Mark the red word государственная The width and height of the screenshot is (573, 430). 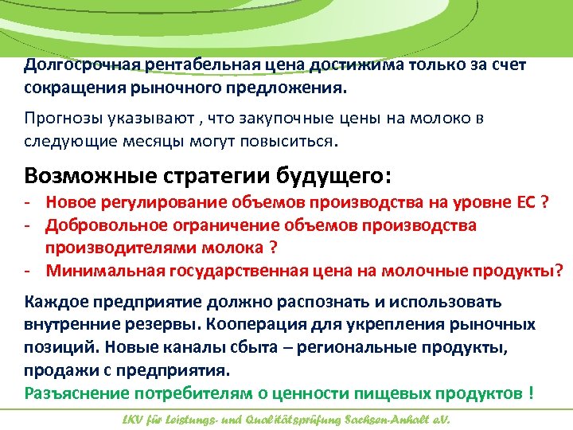point(233,270)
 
